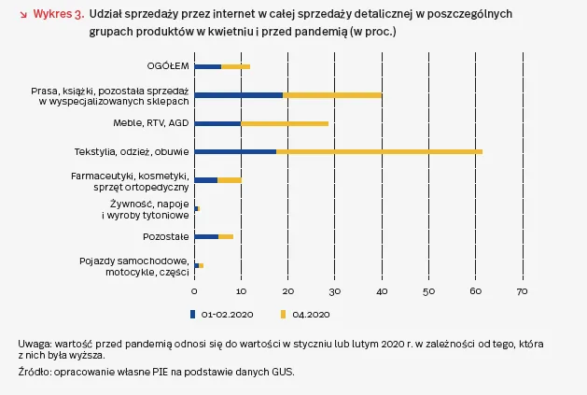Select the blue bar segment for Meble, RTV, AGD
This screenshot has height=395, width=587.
point(217,123)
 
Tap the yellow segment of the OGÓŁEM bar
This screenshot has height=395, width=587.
point(236,66)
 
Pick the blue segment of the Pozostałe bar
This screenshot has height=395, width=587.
point(206,236)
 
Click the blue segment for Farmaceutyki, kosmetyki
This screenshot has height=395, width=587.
point(205,179)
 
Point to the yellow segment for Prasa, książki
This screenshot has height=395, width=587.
point(332,94)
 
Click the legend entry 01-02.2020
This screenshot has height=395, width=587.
point(221,313)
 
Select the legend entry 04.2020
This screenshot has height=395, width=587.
point(311,313)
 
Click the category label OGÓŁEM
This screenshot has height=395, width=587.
point(168,66)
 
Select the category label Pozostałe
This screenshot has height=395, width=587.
point(166,236)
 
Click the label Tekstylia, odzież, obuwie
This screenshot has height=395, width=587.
point(132,151)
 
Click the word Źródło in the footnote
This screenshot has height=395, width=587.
point(34,372)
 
